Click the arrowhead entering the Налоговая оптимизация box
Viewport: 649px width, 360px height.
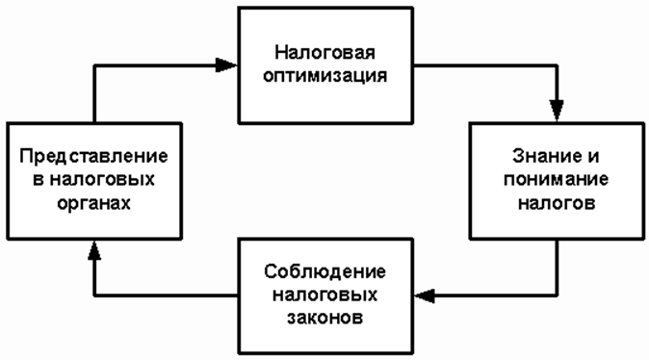[227, 65]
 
